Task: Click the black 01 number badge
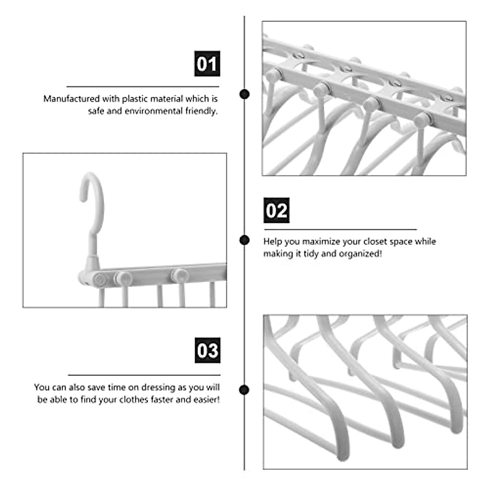pyautogui.click(x=207, y=64)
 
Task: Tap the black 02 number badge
pyautogui.click(x=276, y=210)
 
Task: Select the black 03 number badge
pyautogui.click(x=207, y=350)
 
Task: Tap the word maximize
pyautogui.click(x=321, y=241)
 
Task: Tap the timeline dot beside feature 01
pyautogui.click(x=244, y=94)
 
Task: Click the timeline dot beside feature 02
pyautogui.click(x=244, y=240)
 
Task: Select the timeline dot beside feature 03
pyautogui.click(x=244, y=390)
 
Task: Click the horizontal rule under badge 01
pyautogui.click(x=143, y=86)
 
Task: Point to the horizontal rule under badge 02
pyautogui.click(x=340, y=229)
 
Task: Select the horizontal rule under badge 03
pyautogui.click(x=144, y=375)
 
